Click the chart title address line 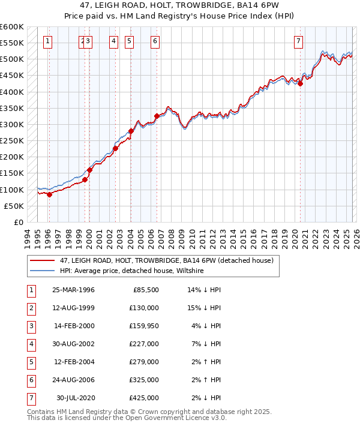point(180,5)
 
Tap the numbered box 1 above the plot point(47,41)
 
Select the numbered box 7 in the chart point(298,41)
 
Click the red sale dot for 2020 point(301,83)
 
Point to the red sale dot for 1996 point(50,194)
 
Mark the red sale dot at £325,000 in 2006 point(157,116)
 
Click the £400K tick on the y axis point(12,92)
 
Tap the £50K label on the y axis point(14,206)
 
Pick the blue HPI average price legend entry point(132,271)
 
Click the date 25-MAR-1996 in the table point(73,290)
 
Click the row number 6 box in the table point(31,379)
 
